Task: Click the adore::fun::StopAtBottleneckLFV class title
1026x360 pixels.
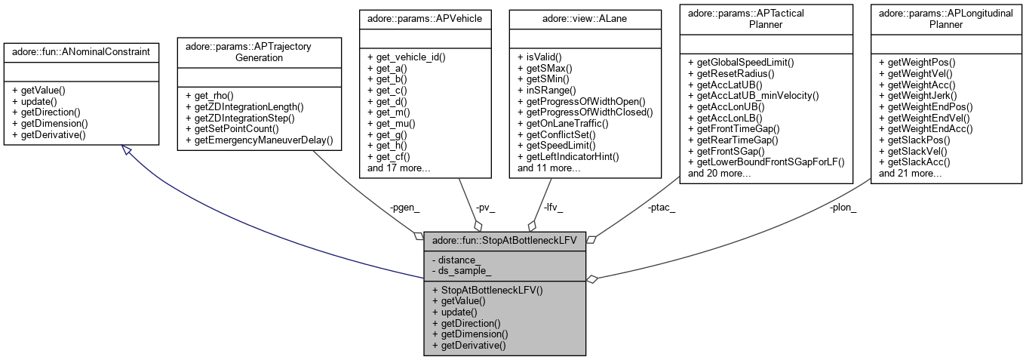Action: (504, 240)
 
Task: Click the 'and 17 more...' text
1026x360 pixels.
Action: (398, 168)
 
